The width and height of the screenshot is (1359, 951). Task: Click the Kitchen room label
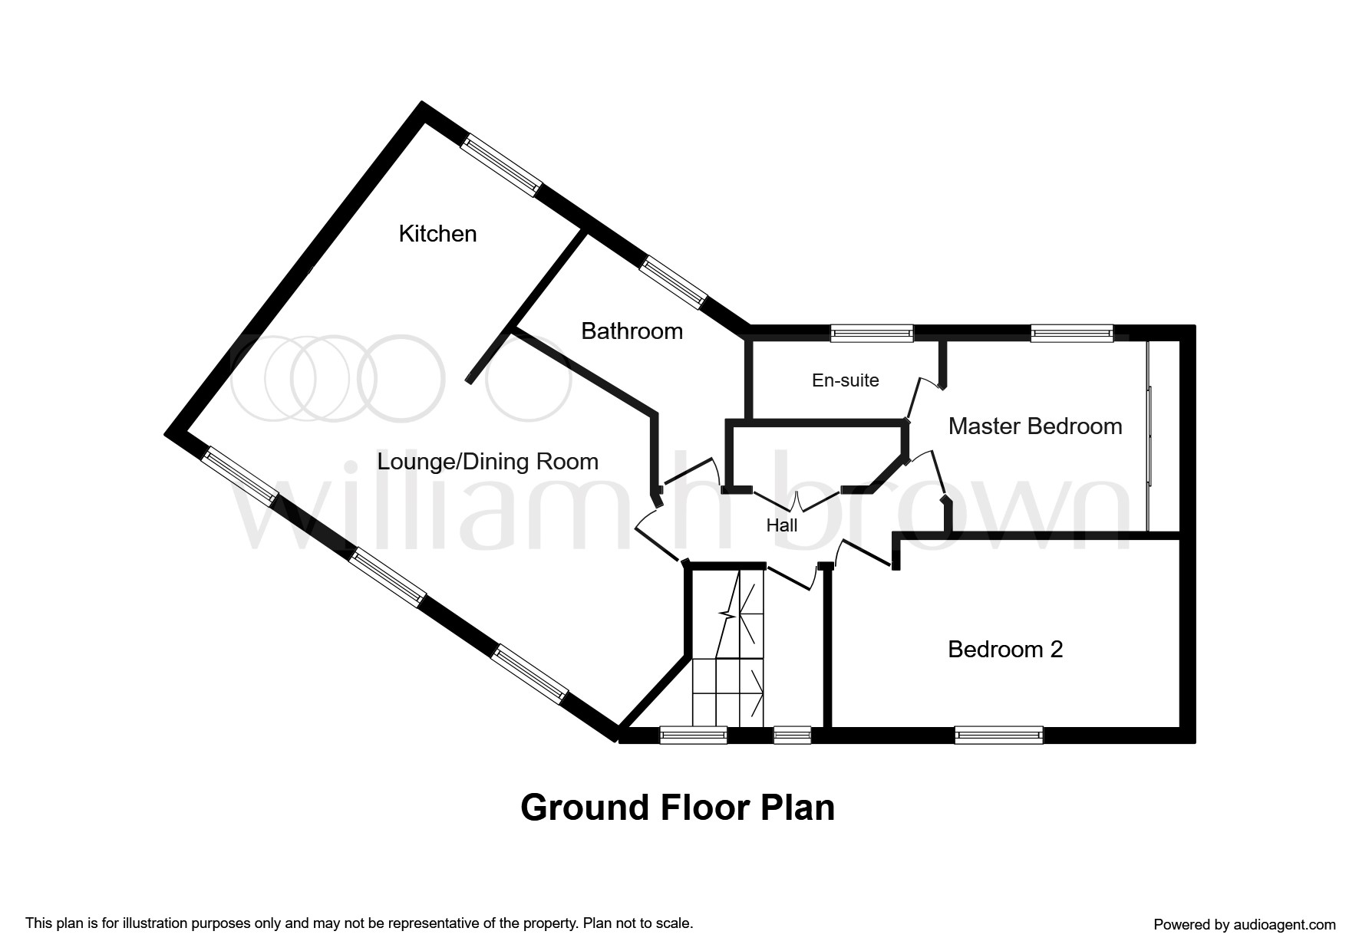[437, 233]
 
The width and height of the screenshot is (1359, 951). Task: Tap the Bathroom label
[632, 331]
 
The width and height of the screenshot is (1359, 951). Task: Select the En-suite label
[846, 380]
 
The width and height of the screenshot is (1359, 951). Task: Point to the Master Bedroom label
[1035, 426]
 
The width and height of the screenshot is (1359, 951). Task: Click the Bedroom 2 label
[1005, 650]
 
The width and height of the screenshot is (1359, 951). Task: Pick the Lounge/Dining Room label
[487, 462]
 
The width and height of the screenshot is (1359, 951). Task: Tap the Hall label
[782, 525]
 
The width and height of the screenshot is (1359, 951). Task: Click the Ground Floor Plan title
[678, 808]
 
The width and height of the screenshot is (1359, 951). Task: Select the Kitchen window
[501, 165]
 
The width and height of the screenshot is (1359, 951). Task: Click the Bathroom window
[673, 283]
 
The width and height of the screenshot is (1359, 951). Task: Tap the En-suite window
[872, 333]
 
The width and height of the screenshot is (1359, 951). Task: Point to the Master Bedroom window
[1072, 333]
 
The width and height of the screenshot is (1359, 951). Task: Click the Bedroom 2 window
[999, 735]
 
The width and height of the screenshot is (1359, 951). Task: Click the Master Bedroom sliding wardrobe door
[1150, 436]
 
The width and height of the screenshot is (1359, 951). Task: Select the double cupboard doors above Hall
[797, 501]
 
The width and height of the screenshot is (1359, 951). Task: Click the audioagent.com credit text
[1245, 924]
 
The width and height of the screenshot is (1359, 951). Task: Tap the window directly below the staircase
[694, 735]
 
